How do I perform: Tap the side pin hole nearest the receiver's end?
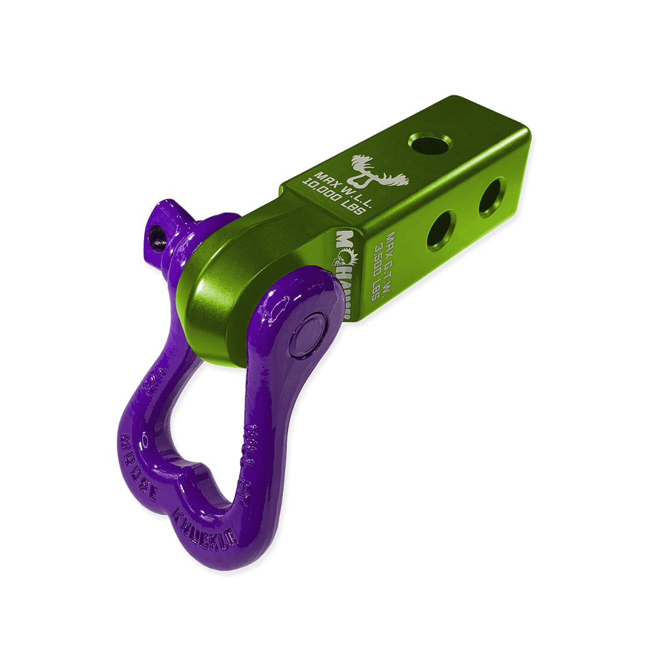(x=492, y=197)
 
